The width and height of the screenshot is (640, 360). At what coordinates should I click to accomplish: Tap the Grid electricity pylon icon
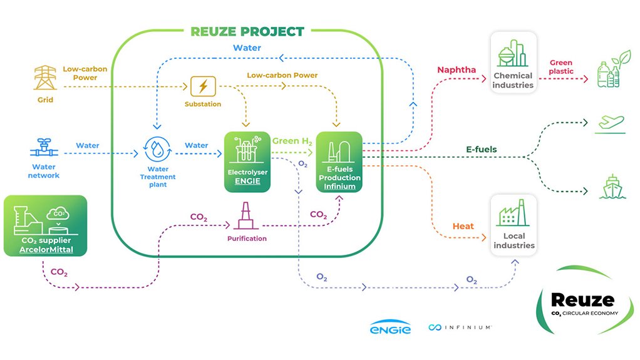45,78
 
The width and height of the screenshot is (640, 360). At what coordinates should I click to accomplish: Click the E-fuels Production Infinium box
339,161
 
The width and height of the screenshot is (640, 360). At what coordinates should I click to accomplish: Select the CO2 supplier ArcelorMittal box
45,225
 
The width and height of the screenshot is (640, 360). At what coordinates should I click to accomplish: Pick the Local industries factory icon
513,213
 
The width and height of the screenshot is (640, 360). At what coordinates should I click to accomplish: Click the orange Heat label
463,226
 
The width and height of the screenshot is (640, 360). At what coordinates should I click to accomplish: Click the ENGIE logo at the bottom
390,327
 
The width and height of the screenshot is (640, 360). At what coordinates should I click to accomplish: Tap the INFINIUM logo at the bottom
460,327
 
